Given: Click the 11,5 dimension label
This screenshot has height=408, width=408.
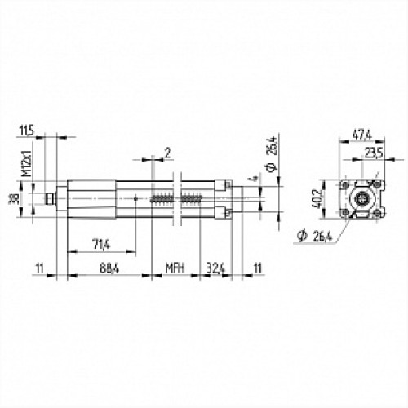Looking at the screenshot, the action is coord(27,131).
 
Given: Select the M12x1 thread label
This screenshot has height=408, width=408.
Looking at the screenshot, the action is coord(28,162).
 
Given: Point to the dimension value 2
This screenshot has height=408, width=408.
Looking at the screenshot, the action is coord(168,153).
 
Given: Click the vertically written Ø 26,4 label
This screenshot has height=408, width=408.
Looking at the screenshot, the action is coord(273,154).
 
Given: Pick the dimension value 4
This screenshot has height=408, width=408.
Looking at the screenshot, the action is coord(254,179).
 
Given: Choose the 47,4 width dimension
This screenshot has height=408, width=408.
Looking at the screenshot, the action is coord(362,135).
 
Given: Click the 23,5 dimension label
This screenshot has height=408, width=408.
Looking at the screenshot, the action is coord(374,153).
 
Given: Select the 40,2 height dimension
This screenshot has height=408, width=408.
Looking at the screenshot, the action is coord(317,198).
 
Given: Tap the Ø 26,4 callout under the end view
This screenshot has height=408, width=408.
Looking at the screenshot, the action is coord(315,236).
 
